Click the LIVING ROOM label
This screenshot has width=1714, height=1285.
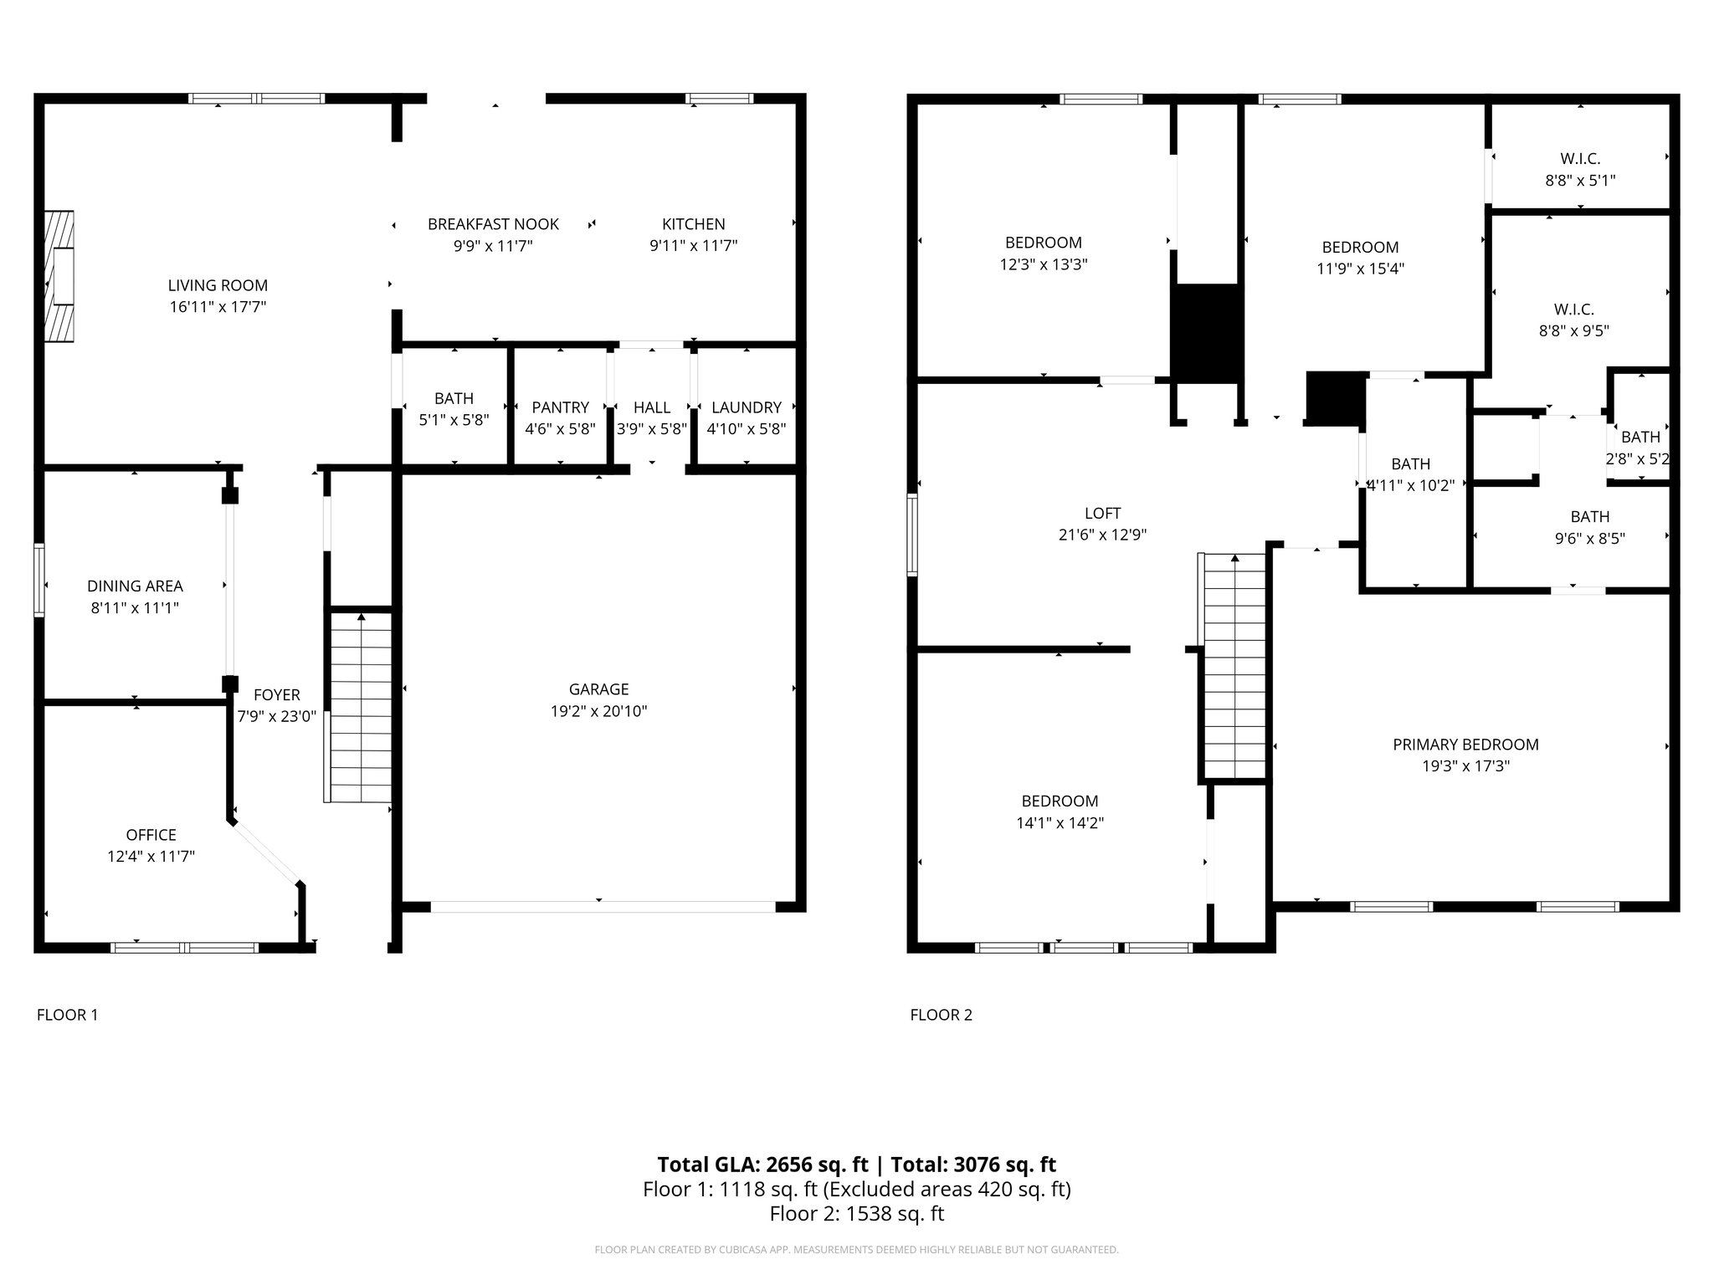[218, 285]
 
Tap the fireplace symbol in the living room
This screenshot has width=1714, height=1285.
[59, 276]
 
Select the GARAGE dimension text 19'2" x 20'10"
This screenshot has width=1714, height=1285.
[598, 711]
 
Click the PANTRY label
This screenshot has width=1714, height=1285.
[560, 407]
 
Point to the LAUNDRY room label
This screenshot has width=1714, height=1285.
[746, 407]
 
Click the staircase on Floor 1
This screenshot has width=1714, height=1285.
[361, 707]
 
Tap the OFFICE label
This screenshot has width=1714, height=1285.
[151, 835]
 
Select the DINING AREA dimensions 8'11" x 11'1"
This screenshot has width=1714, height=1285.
[135, 608]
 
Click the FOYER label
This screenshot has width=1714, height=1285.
[276, 695]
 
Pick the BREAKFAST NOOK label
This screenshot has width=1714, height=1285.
[493, 224]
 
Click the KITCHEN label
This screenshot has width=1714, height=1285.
[693, 224]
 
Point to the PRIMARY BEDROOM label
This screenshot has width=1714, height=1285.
[1465, 745]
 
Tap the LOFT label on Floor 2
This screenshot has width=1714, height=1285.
[1102, 514]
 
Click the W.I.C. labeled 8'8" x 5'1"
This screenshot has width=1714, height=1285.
[1580, 159]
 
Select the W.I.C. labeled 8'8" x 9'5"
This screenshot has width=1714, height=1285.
[1573, 310]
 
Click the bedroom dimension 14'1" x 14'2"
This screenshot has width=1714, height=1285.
[1060, 823]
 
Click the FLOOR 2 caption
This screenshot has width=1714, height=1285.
[941, 1015]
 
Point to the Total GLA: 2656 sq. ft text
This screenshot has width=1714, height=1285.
[763, 1165]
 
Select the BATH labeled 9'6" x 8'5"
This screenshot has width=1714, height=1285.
[1589, 517]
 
